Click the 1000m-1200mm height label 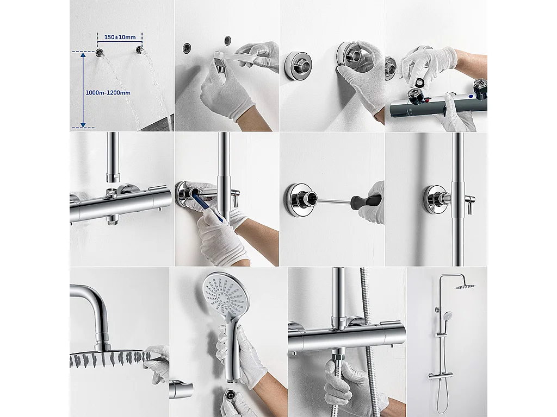click(x=108, y=93)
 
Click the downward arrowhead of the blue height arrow click(x=83, y=124)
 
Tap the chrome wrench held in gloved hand click(x=228, y=59)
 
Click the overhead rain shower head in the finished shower click(x=466, y=287)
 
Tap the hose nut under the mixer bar click(x=339, y=360)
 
